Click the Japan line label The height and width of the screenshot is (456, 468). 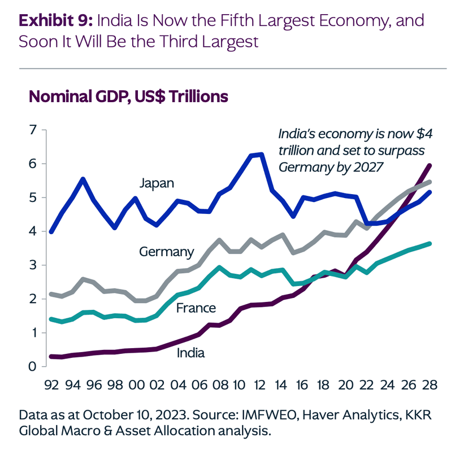click(157, 184)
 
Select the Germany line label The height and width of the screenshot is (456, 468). click(166, 251)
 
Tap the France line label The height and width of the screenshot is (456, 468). click(196, 308)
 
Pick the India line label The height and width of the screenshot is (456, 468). click(190, 353)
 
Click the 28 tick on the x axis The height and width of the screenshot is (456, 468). click(430, 385)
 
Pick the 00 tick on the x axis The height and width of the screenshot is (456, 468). click(136, 385)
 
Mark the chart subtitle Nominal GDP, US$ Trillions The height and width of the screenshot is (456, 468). click(128, 97)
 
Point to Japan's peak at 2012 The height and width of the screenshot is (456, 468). click(261, 154)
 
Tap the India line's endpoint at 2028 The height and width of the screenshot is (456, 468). click(430, 165)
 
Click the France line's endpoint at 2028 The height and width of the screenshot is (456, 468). click(430, 244)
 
